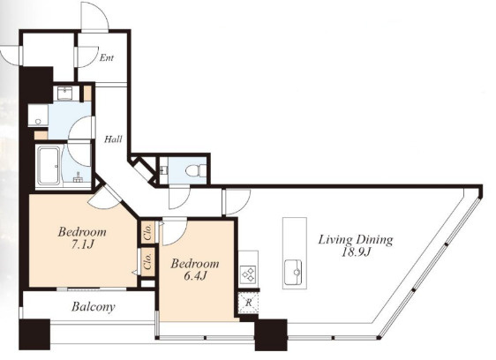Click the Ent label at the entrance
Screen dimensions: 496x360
[106, 58]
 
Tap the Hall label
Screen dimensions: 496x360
[113, 139]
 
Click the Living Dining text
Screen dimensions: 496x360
[356, 240]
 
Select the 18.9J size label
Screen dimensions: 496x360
[356, 252]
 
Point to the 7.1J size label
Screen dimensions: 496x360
[82, 244]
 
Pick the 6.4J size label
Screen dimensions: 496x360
[195, 276]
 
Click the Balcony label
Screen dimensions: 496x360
[94, 306]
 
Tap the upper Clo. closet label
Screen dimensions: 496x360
[148, 232]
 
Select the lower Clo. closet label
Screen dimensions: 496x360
[148, 261]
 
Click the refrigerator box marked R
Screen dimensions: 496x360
[249, 303]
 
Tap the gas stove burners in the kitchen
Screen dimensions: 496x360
[248, 274]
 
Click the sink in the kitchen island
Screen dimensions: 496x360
[293, 272]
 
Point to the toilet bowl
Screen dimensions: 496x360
[194, 171]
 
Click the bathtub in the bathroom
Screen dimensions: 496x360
[49, 166]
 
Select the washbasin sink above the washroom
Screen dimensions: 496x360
[64, 93]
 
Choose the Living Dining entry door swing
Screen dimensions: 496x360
[237, 202]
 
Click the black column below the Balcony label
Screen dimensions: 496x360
[34, 334]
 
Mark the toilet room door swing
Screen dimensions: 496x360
[179, 199]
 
